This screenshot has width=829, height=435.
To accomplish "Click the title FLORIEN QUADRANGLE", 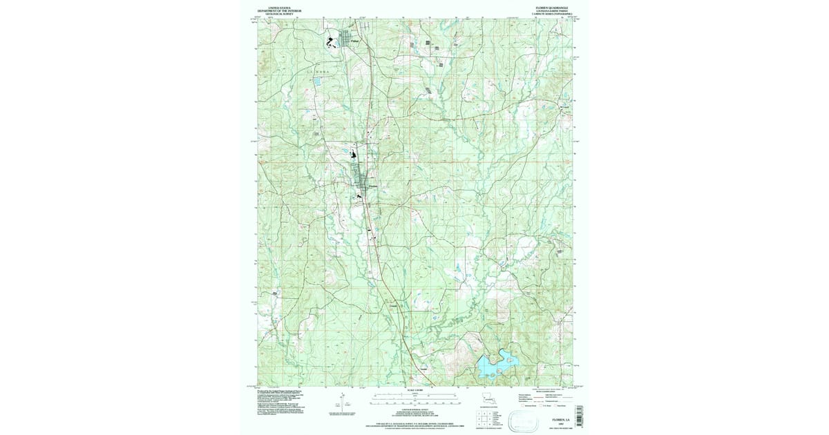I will [x=549, y=8].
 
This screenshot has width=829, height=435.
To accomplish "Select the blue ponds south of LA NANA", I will [x=317, y=81].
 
